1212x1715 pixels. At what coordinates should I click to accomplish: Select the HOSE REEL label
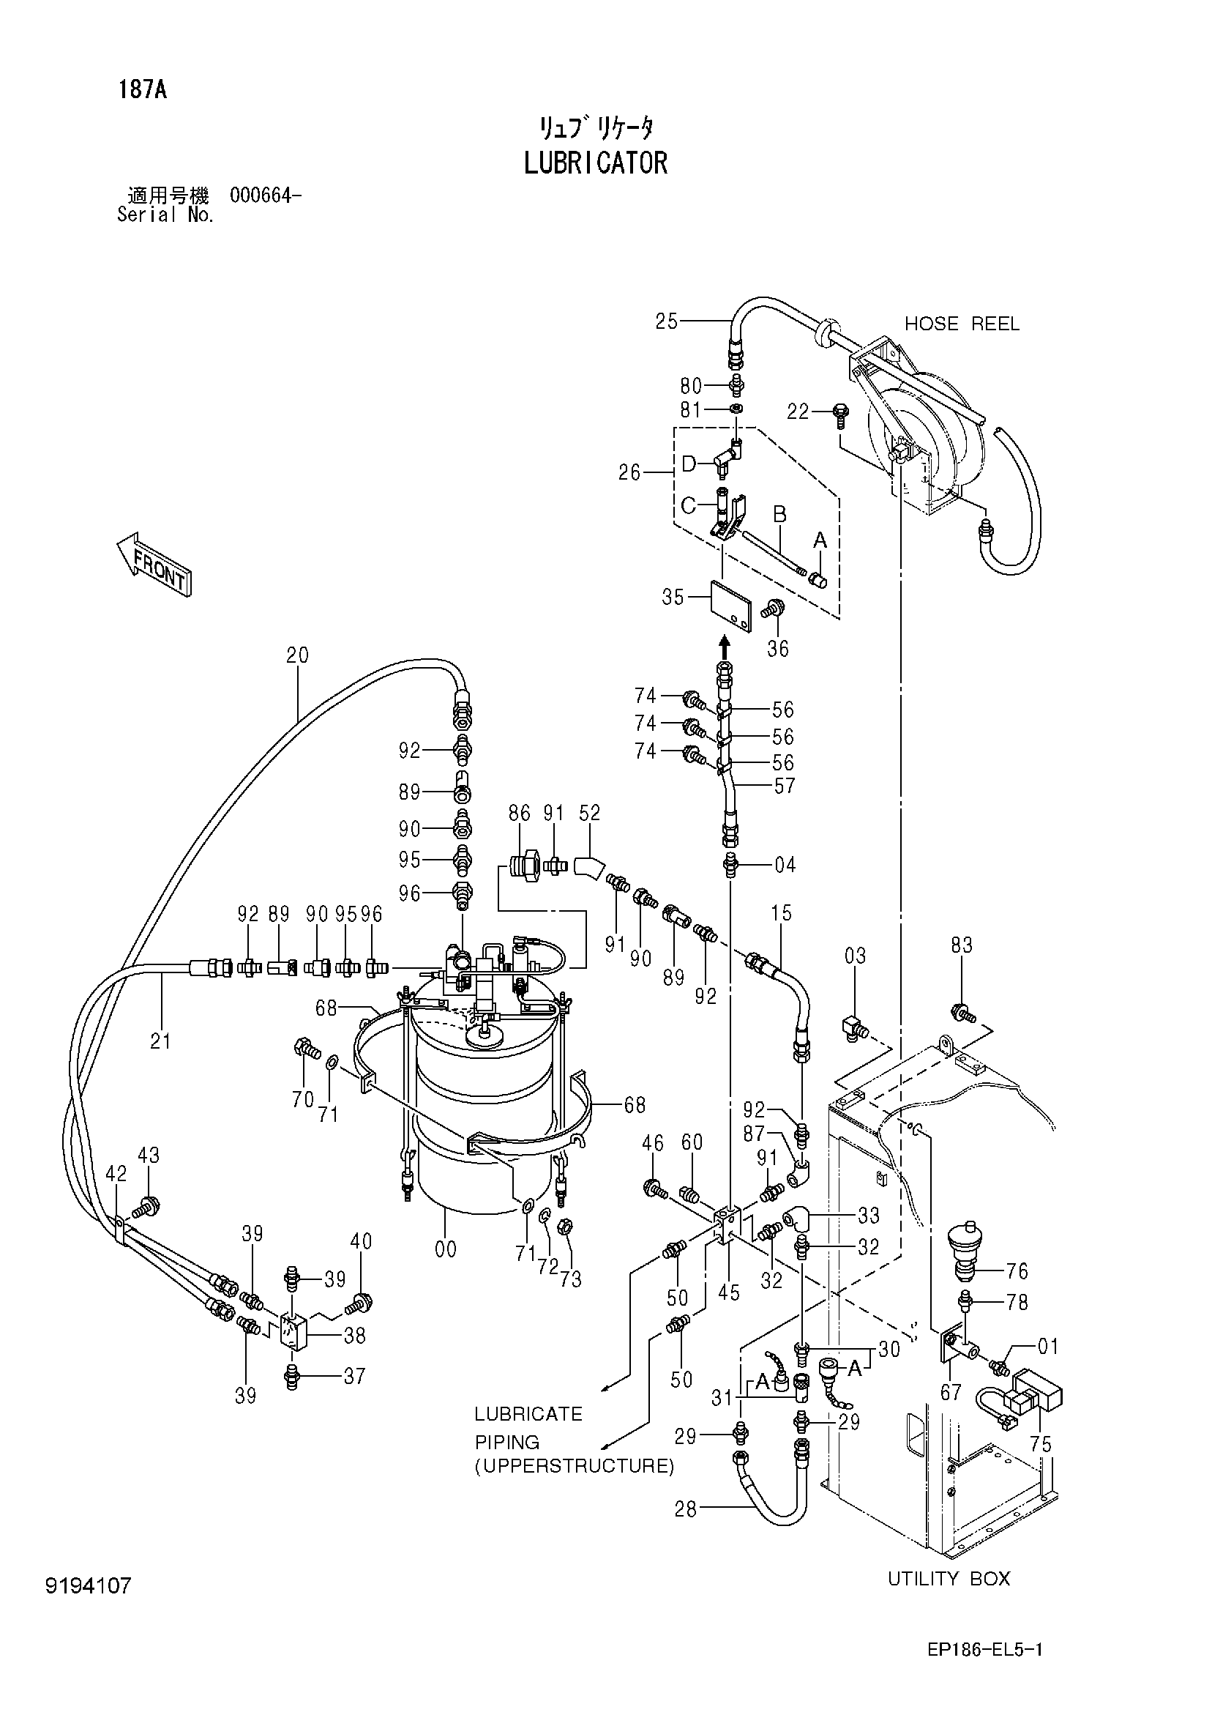[962, 324]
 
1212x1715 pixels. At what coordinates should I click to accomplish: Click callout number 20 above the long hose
[297, 655]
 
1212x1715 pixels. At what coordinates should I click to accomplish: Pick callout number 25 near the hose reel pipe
[666, 321]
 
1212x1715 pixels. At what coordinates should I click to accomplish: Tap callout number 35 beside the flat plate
[673, 598]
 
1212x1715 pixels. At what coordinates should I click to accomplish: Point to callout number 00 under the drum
[446, 1250]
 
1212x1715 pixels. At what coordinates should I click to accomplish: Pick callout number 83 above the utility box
[962, 945]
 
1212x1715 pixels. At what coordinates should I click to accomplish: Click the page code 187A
[143, 90]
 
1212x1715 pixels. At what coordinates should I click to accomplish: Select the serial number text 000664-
[266, 196]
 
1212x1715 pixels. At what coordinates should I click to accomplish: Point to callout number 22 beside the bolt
[798, 412]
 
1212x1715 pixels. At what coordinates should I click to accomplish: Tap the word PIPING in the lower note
[507, 1443]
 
